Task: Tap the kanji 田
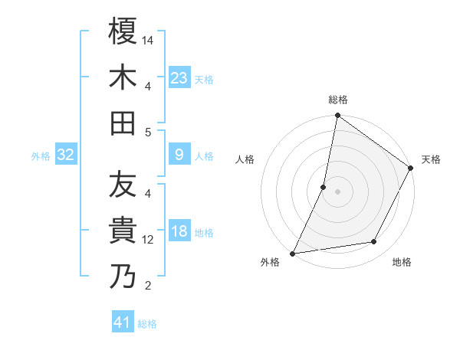[x=123, y=123]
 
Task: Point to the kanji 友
[x=123, y=185]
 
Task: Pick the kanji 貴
[x=123, y=231]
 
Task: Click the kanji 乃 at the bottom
[x=123, y=277]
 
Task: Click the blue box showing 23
[x=179, y=78]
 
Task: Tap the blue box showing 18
[x=179, y=232]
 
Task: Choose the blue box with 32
[x=66, y=155]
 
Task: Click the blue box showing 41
[x=123, y=322]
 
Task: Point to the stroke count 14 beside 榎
[x=149, y=40]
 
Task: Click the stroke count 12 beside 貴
[x=149, y=240]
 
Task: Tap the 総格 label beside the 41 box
[x=147, y=324]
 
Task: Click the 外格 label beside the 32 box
[x=41, y=156]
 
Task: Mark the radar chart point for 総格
[x=337, y=116]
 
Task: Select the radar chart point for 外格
[x=292, y=254]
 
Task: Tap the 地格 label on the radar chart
[x=402, y=262]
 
